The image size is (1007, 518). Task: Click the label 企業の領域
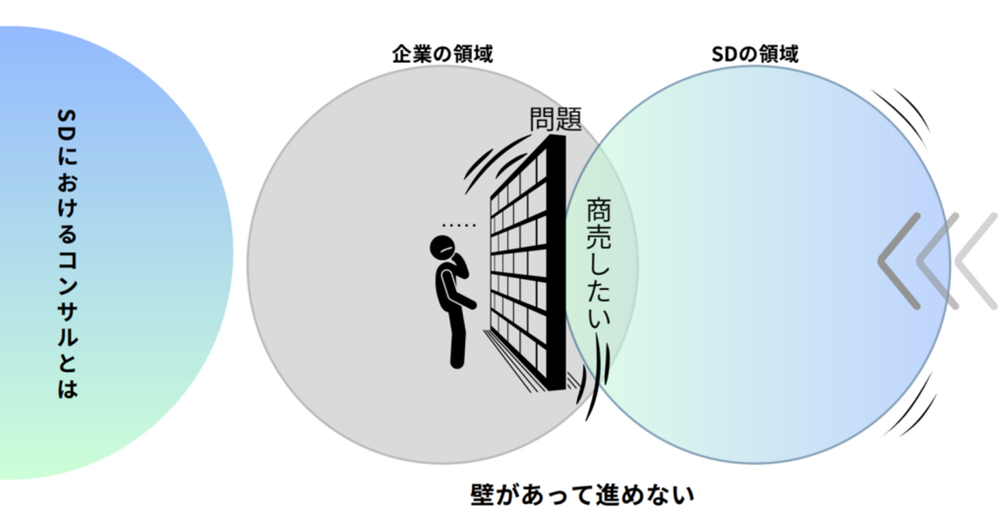coord(442,54)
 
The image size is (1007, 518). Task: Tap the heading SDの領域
coord(755,54)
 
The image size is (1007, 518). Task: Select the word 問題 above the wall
coord(555,120)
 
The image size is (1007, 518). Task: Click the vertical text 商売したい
coord(598,264)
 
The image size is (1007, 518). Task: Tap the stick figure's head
coord(443,248)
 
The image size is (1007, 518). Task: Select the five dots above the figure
coord(458,225)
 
